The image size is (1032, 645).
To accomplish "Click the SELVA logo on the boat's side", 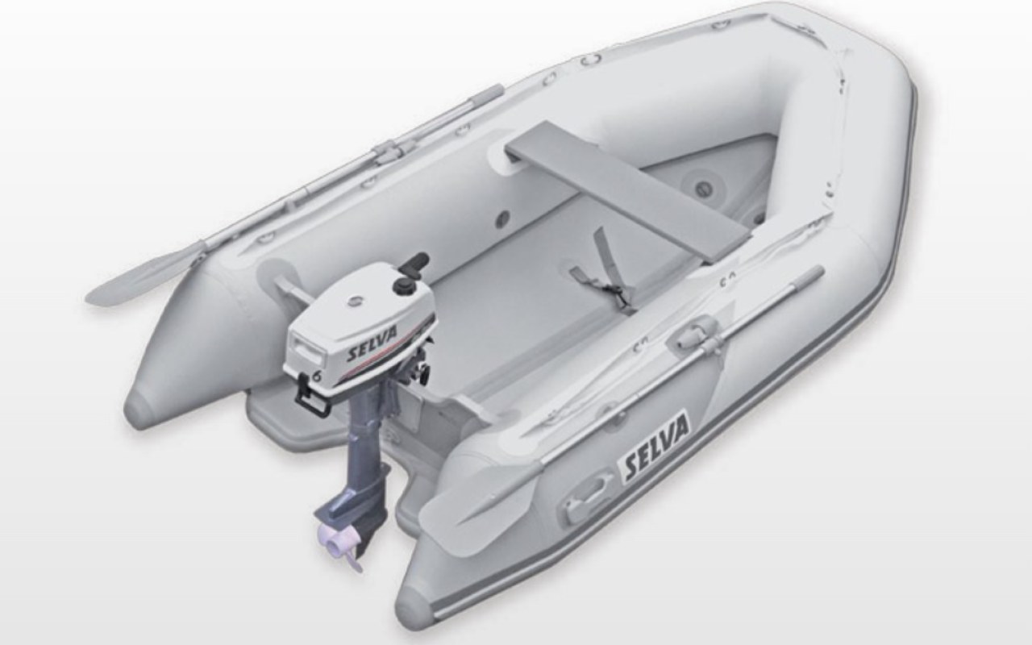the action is coord(656,447).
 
